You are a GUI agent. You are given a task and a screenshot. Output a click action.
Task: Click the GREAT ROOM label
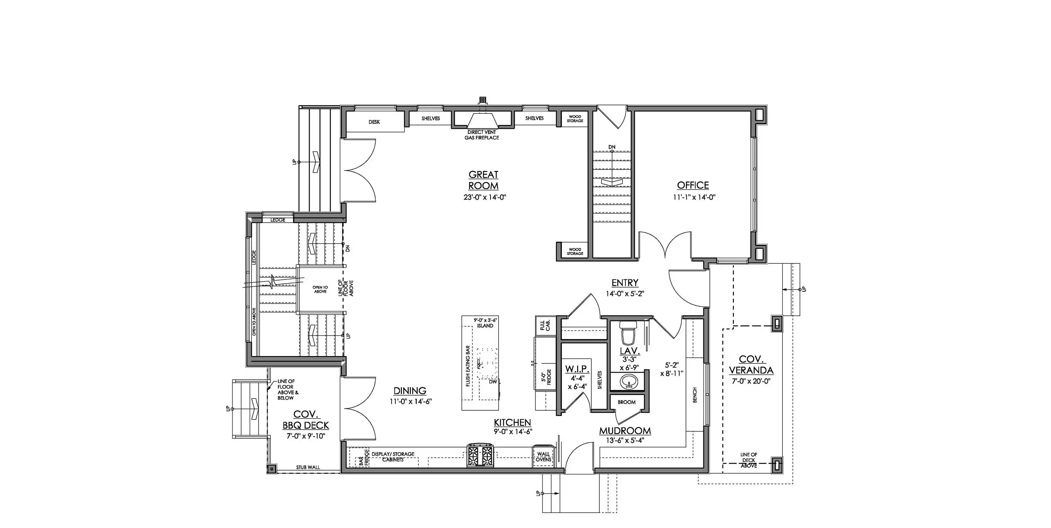483,180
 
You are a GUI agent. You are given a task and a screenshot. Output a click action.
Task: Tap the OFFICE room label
693,185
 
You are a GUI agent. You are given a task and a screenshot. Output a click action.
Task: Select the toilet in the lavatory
628,333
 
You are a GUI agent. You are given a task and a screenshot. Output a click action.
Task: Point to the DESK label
374,122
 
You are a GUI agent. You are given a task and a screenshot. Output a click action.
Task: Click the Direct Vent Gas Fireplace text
481,135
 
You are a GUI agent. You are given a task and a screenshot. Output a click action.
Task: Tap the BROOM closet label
627,402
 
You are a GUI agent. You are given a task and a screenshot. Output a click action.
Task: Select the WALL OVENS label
543,457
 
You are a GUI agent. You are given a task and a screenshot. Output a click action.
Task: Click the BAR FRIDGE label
364,458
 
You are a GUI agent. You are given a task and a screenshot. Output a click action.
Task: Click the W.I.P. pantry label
577,369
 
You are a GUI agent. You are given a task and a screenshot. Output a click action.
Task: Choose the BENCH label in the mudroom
695,395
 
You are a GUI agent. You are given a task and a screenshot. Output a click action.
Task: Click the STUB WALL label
308,467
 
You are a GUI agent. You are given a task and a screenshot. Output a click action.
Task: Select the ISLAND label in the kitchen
485,326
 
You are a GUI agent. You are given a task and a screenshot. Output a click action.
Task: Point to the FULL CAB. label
545,325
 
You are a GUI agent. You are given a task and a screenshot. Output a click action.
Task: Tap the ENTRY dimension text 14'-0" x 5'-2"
625,293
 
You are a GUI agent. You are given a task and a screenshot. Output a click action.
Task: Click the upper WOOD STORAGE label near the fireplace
575,119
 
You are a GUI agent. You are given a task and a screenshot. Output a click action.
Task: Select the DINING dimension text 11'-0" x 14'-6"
411,401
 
